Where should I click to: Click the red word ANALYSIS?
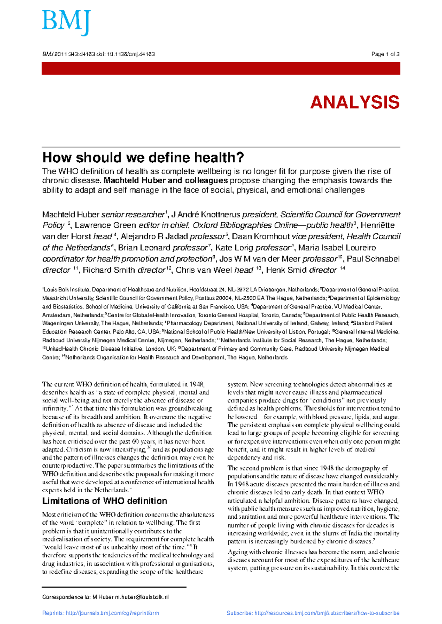pos(355,102)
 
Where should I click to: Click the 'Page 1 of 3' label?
pos(385,54)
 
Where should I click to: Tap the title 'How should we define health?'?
pos(143,158)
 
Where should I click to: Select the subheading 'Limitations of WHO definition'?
pos(105,501)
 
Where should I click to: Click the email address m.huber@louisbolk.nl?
pos(142,597)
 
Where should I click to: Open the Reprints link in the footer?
pos(101,613)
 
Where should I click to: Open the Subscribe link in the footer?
pos(313,613)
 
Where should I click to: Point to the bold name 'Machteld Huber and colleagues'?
pos(166,181)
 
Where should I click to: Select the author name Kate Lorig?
pos(234,248)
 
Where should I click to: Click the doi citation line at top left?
pos(98,54)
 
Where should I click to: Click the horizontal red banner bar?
pos(221,68)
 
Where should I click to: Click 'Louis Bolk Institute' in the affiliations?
pos(66,290)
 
